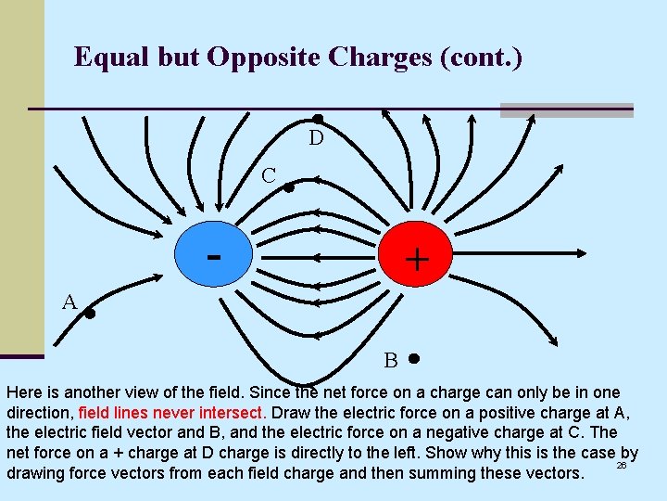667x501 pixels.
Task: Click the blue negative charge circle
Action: click(x=214, y=251)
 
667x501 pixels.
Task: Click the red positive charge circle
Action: click(x=414, y=255)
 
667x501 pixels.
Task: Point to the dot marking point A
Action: click(x=91, y=314)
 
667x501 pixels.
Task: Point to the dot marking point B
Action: click(x=413, y=358)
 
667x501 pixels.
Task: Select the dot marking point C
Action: click(x=289, y=187)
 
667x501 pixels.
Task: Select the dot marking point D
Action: click(x=317, y=120)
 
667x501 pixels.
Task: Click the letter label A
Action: click(x=69, y=302)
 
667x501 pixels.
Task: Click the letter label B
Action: click(x=391, y=360)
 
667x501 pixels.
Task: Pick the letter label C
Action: click(x=268, y=174)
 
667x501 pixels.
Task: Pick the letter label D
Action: click(x=316, y=139)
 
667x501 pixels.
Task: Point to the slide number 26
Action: click(x=622, y=465)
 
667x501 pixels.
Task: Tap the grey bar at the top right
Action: click(x=566, y=109)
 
